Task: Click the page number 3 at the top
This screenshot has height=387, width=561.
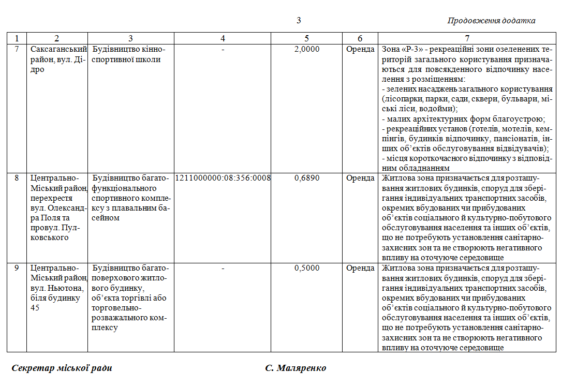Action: coord(299,21)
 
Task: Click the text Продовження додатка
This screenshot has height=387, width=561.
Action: coord(491,21)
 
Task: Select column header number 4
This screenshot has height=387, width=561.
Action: coord(223,38)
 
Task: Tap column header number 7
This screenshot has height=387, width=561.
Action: coord(467,38)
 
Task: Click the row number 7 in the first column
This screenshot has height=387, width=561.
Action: coord(17,50)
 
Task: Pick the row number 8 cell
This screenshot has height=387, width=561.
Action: coord(17,178)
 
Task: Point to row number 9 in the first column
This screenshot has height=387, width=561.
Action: coord(17,268)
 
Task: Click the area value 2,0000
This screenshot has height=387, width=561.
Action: coord(307,50)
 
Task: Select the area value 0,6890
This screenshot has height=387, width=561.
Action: coord(307,178)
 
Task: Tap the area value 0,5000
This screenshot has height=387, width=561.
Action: coord(307,268)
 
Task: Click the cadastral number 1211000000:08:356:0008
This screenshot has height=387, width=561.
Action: coord(223,178)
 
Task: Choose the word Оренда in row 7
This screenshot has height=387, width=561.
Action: coord(360,50)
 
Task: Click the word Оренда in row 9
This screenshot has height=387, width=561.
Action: coord(360,268)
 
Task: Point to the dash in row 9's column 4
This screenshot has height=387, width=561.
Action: coord(223,268)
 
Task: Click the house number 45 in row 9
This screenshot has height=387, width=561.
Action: coord(35,308)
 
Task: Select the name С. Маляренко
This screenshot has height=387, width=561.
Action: coord(296,368)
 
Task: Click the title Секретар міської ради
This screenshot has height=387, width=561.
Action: coord(62,368)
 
